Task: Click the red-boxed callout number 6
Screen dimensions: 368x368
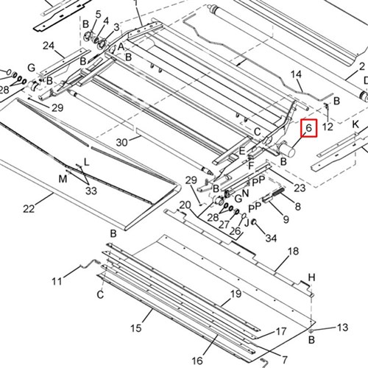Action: pyautogui.click(x=309, y=128)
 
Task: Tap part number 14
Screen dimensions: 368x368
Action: pyautogui.click(x=297, y=74)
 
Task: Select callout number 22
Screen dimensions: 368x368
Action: pyautogui.click(x=29, y=209)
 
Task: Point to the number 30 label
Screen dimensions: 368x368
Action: pyautogui.click(x=122, y=141)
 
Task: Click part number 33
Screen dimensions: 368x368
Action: pyautogui.click(x=91, y=191)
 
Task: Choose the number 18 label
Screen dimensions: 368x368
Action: pyautogui.click(x=293, y=252)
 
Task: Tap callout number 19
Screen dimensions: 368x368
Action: pyautogui.click(x=236, y=294)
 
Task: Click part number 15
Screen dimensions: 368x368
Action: pyautogui.click(x=135, y=327)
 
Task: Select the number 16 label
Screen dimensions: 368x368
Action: pyautogui.click(x=197, y=361)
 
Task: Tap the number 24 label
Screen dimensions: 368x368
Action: pyautogui.click(x=49, y=46)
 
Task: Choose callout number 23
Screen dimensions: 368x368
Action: pyautogui.click(x=299, y=188)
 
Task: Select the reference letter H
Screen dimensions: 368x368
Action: pyautogui.click(x=311, y=277)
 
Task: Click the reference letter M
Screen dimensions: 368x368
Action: pyautogui.click(x=63, y=179)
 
